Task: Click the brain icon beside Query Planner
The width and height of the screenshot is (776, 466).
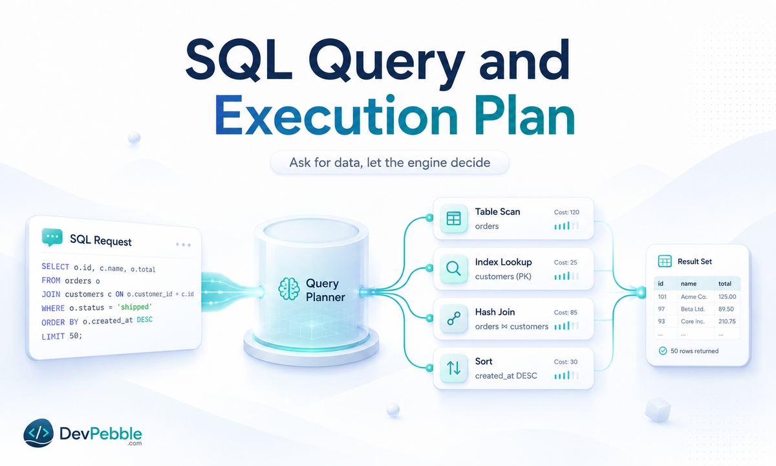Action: (289, 289)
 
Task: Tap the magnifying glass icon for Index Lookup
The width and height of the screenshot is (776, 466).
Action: (453, 269)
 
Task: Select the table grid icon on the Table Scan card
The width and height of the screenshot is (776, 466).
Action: (453, 219)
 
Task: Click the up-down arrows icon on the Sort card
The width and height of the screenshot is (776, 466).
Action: (453, 368)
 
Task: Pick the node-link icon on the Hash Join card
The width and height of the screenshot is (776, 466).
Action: (453, 318)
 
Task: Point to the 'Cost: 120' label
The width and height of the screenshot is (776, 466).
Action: (566, 212)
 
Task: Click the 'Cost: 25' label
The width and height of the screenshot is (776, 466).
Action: (565, 263)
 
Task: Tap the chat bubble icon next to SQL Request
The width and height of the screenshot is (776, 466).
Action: (52, 238)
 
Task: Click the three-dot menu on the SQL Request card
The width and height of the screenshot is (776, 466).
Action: (183, 245)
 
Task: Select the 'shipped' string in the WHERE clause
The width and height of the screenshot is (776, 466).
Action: (135, 307)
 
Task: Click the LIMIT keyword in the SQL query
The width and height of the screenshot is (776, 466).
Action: (53, 337)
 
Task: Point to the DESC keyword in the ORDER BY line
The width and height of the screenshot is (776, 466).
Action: (144, 320)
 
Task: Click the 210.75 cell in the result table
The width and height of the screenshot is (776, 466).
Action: (727, 322)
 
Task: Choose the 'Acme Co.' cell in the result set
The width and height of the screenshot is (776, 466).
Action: (693, 297)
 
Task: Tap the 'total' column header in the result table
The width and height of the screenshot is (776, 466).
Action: (725, 283)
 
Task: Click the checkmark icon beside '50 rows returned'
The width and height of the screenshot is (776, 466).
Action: (662, 351)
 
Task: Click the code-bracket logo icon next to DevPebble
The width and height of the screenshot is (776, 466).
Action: (38, 433)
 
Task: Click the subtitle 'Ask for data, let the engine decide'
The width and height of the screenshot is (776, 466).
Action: (390, 162)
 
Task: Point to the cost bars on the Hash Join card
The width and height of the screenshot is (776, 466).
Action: (566, 326)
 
